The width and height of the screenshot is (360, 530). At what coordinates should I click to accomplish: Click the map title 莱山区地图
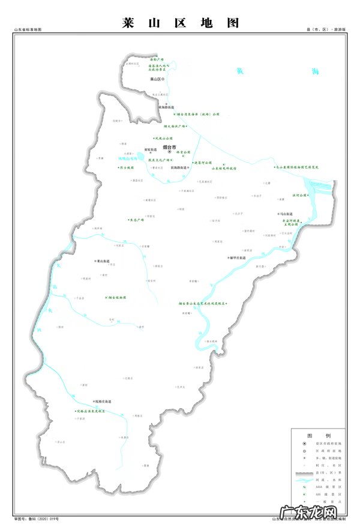pos(180,23)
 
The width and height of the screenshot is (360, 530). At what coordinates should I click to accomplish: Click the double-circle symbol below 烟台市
pos(169,152)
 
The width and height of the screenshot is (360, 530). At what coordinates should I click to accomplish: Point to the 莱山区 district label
pos(156,79)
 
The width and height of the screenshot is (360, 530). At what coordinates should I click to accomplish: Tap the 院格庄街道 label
pos(103,400)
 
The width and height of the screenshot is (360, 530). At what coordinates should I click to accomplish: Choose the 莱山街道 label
pos(103,261)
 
